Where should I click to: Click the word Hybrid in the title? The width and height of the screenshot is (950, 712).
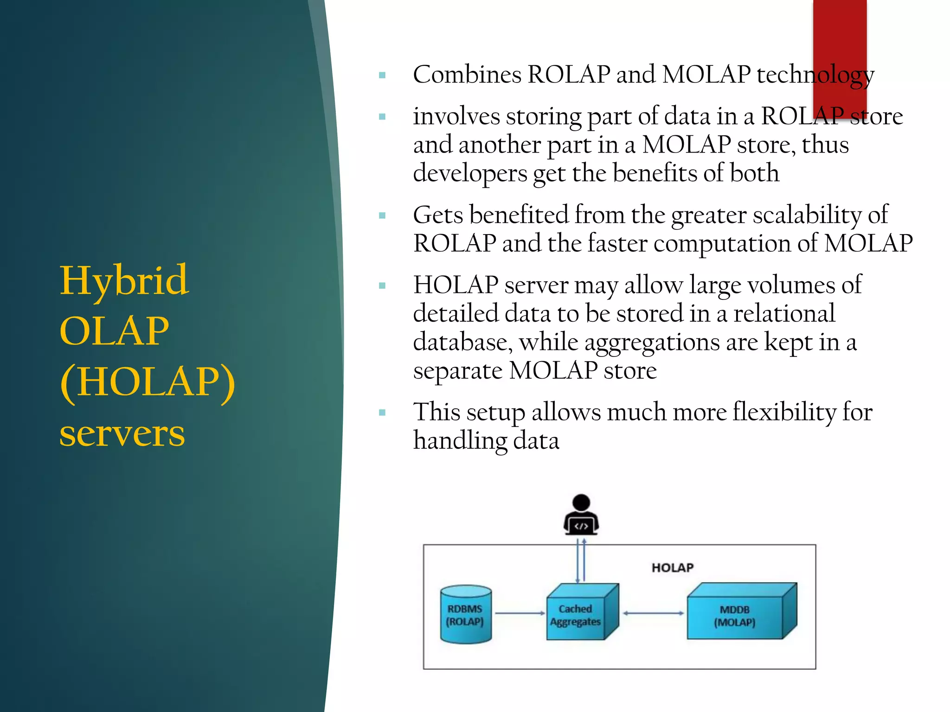coord(124,281)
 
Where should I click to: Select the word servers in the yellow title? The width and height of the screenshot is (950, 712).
coord(122,434)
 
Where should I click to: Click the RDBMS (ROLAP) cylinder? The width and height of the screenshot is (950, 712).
coord(465,615)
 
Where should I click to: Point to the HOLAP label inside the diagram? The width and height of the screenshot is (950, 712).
coord(672,568)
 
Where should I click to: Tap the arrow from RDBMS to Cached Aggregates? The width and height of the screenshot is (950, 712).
coord(520,613)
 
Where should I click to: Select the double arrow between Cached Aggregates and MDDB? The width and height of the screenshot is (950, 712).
coord(653,613)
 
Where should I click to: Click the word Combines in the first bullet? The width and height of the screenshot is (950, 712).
coord(467,75)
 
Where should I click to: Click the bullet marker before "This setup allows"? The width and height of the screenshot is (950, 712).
coord(382,413)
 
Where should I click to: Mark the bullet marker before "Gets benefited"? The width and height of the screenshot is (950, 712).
coord(382,216)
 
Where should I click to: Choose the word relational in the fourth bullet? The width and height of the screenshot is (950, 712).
coord(784,314)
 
